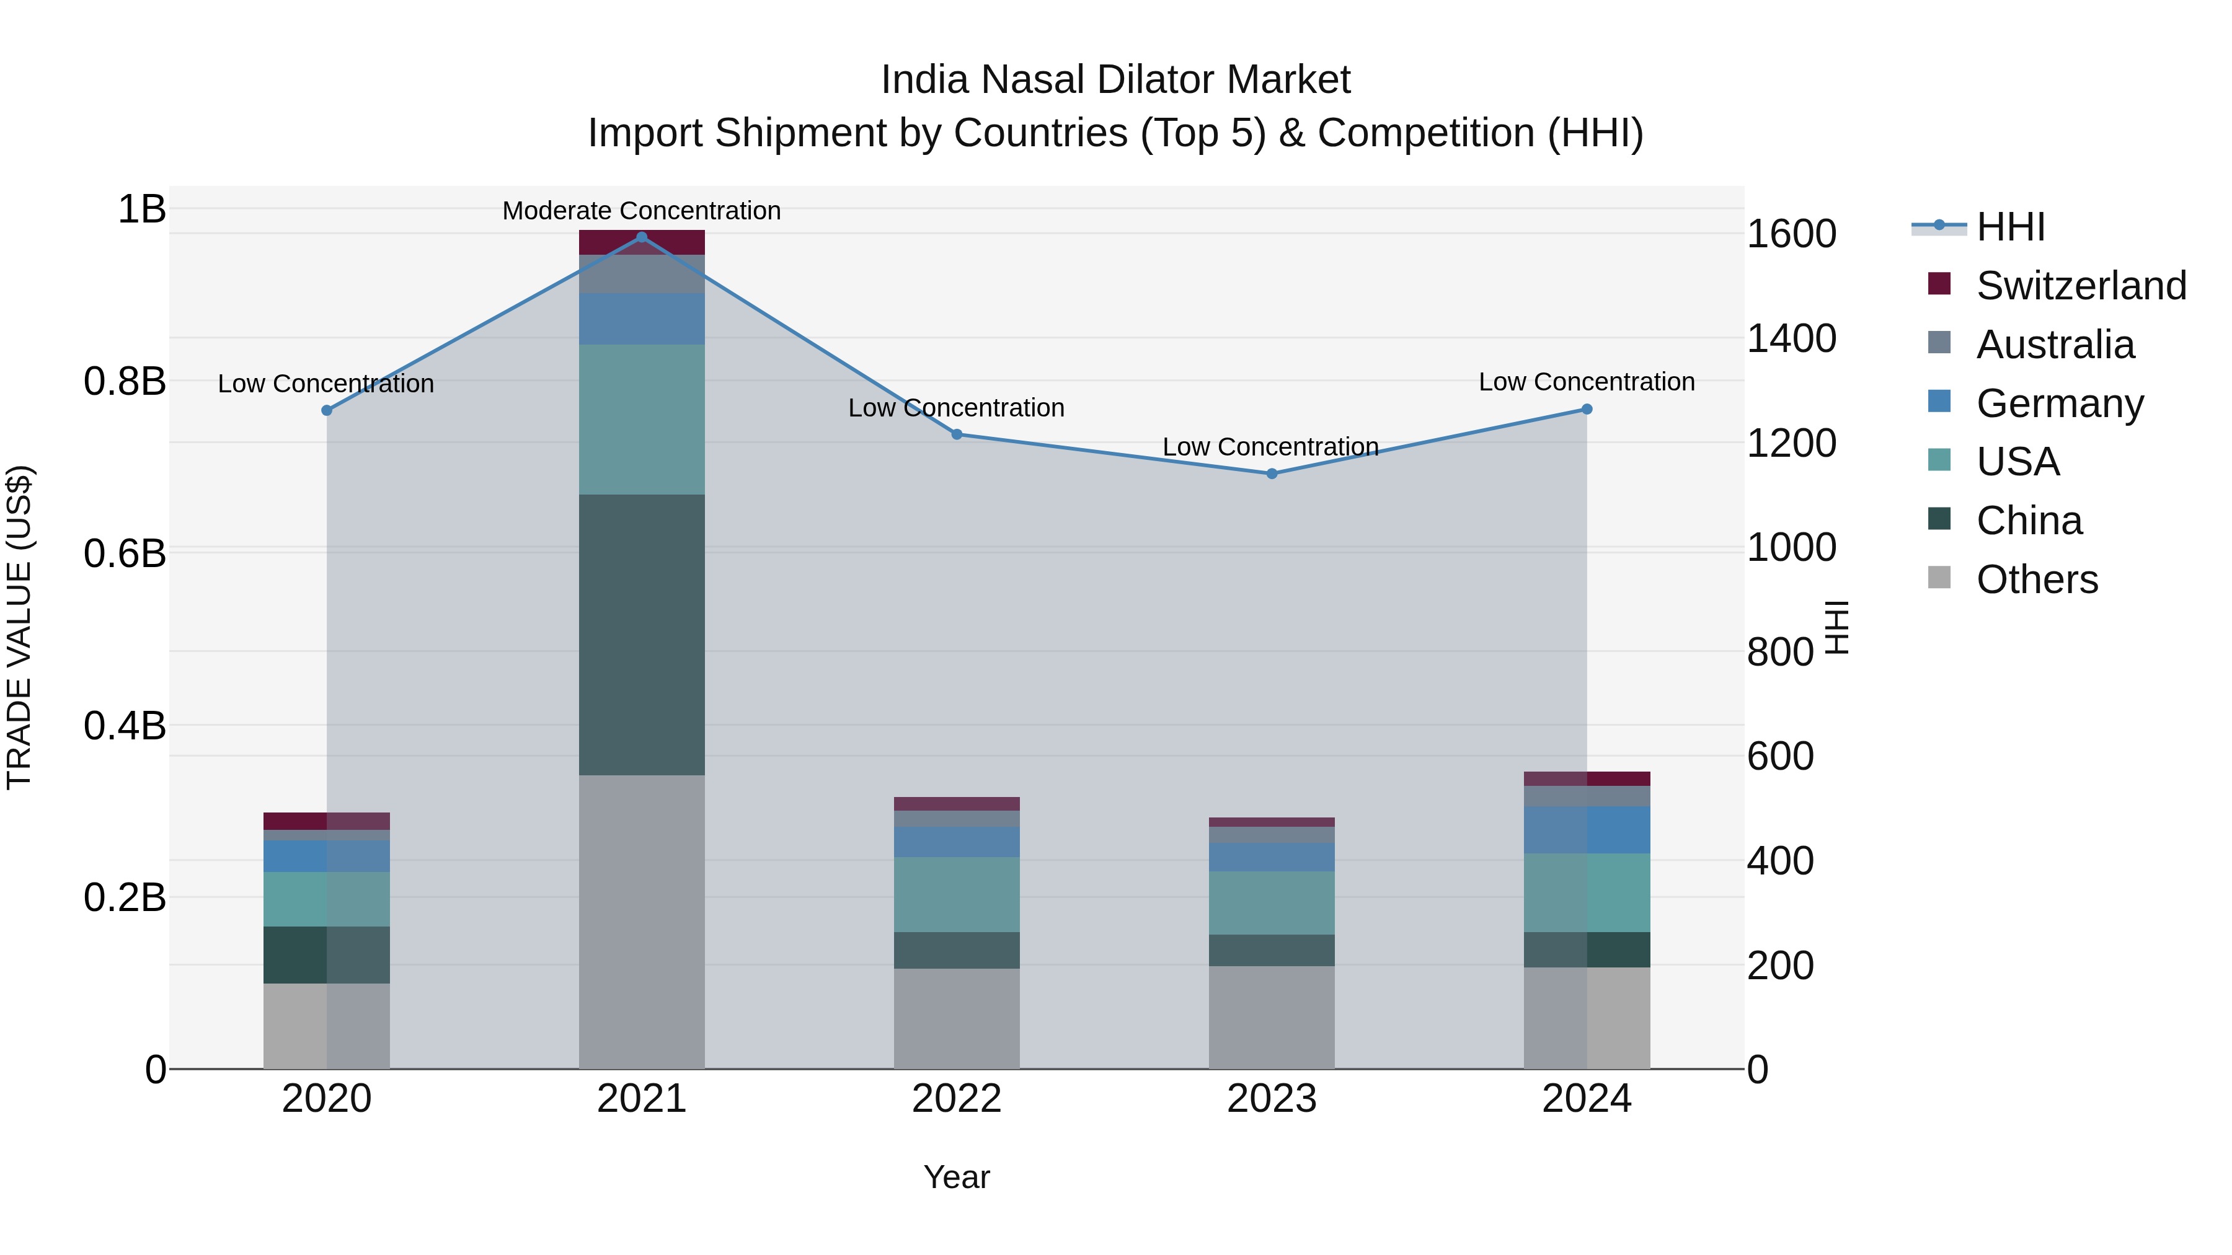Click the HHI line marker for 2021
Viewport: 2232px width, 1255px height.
pos(641,237)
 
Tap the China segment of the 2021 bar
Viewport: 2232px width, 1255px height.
pos(641,634)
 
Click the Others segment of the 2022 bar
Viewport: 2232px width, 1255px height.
pos(957,1018)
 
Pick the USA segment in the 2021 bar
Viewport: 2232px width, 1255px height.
pos(641,419)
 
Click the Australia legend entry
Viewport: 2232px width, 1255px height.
pos(2055,345)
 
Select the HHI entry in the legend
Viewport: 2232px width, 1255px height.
pos(2010,227)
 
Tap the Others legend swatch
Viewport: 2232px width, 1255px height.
pos(1939,578)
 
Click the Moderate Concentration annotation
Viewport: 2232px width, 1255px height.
pos(641,211)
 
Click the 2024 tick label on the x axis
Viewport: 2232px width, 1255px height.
pos(1587,1099)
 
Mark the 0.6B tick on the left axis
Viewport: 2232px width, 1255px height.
pos(125,553)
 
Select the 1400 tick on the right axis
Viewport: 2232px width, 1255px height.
pos(1791,338)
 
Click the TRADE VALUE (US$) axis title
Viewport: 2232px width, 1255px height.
pos(19,627)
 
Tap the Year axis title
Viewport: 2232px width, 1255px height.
pos(957,1177)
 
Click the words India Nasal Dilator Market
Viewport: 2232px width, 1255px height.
pos(1115,80)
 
